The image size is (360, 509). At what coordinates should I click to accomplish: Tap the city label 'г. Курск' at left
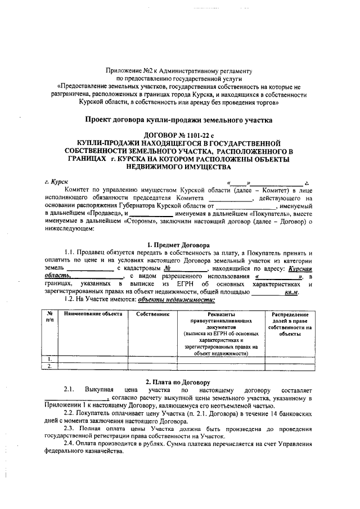click(x=56, y=183)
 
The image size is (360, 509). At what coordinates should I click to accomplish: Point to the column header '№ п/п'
click(x=50, y=316)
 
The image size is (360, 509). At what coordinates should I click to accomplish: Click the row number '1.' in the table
click(x=50, y=358)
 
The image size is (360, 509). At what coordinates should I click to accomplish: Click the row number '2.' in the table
click(x=50, y=366)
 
